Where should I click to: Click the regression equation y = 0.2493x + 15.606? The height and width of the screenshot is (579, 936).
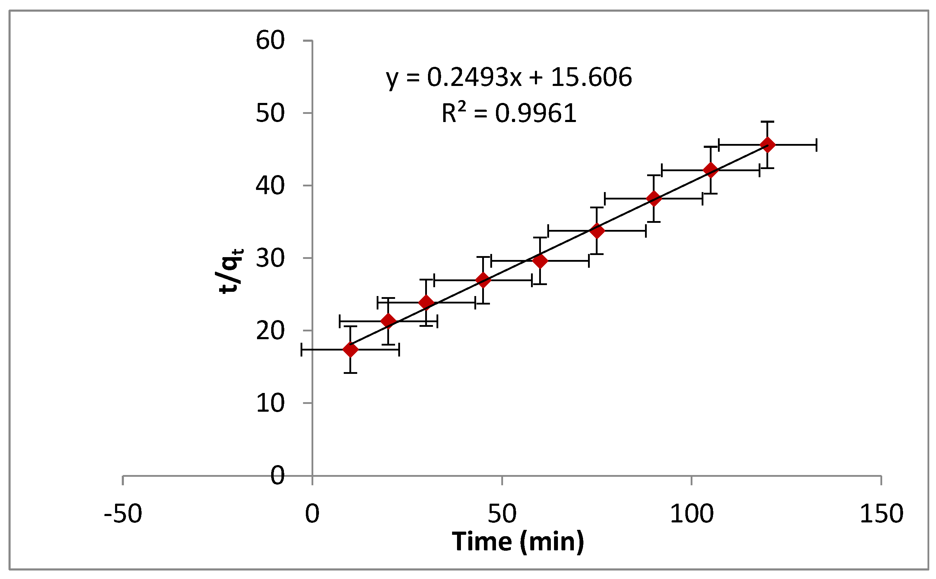509,77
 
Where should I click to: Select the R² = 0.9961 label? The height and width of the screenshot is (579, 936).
509,113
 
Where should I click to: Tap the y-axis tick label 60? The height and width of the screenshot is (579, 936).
270,40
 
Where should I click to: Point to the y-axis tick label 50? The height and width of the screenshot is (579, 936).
270,113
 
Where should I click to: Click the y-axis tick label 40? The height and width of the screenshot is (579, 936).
270,186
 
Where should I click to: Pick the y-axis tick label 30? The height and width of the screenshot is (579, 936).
270,259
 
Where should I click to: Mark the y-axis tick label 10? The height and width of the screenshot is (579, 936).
270,403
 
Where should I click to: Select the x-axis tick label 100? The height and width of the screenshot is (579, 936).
691,514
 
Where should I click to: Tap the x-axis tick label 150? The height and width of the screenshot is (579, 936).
881,514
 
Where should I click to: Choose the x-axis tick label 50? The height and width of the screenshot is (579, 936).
502,514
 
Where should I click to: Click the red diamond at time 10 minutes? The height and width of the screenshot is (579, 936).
350,349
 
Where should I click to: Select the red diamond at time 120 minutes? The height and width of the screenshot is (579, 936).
767,145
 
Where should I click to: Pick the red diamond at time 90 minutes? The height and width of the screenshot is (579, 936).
654,198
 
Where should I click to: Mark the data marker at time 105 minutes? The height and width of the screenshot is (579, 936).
710,170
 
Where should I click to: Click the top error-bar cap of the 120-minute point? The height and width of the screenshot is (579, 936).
767,122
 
